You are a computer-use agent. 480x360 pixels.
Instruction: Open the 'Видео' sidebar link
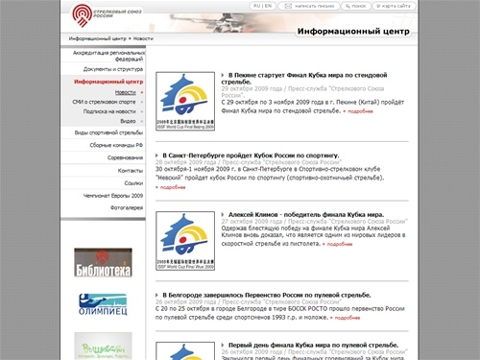tap(127, 122)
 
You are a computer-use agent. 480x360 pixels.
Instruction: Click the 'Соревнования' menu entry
tap(125, 157)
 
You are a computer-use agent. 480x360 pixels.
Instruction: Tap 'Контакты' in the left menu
tap(130, 170)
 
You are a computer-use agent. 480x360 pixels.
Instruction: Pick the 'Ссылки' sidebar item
tap(132, 182)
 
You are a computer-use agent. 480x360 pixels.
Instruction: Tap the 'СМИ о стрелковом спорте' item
tap(105, 101)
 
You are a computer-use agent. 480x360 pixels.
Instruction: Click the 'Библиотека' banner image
tap(103, 261)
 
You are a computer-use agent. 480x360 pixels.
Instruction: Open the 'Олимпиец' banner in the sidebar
tap(103, 305)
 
